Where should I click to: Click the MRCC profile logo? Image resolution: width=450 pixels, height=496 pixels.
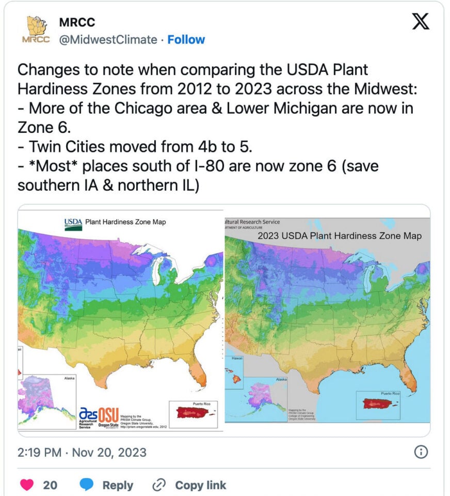pos(35,30)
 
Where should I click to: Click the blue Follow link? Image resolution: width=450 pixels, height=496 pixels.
pos(186,40)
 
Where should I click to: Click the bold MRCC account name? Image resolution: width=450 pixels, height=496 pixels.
pos(77,23)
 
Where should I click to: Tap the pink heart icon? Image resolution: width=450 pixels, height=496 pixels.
pos(27,485)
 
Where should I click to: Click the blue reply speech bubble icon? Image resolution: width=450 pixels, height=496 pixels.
pos(87,485)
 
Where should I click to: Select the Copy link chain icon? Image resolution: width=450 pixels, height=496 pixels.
pos(158,485)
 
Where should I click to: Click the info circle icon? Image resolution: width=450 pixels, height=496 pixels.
pos(421,452)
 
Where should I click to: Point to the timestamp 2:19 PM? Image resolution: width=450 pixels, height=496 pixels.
pos(38,453)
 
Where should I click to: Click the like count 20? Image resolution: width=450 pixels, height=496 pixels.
pos(50,485)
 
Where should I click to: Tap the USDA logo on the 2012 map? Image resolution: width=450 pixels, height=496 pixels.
pos(73,224)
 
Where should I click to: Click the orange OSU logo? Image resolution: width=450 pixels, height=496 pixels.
pos(108,414)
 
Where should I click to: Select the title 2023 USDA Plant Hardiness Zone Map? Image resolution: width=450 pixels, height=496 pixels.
pos(340,236)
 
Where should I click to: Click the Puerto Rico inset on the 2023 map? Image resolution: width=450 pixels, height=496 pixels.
pos(379,404)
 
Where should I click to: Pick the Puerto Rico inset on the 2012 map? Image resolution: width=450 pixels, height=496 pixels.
pos(195,412)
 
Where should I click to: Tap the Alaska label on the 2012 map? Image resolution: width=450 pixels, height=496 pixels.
pos(69,378)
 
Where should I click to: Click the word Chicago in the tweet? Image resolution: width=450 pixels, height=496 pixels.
pos(133,109)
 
